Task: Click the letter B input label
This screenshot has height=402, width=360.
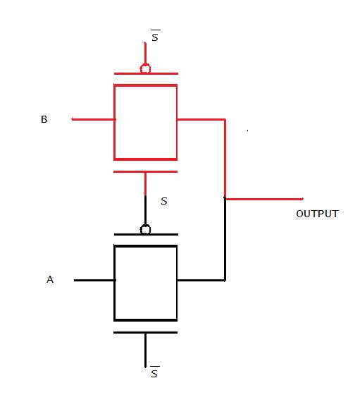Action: [x=44, y=119]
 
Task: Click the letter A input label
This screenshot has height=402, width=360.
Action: [x=50, y=279]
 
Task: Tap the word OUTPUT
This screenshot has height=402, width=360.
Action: [x=317, y=214]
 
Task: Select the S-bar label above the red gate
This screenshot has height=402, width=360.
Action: [x=155, y=36]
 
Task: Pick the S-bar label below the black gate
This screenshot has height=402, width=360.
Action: [x=155, y=372]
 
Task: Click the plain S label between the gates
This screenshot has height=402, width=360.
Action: [x=164, y=201]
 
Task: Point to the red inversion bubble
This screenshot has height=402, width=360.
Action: [x=145, y=68]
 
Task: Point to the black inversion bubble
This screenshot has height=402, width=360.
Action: [x=145, y=229]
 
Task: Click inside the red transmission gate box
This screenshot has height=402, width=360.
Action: [x=145, y=122]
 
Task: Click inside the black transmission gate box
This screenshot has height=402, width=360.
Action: [x=145, y=283]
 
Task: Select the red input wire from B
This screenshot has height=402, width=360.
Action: [x=93, y=119]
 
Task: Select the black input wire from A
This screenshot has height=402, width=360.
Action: [x=94, y=280]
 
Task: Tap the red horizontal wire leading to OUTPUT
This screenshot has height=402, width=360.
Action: [x=264, y=199]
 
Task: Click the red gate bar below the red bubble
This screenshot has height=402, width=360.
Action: [x=146, y=74]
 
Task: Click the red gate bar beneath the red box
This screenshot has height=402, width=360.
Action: [x=145, y=172]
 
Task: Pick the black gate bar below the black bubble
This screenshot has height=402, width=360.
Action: [x=146, y=235]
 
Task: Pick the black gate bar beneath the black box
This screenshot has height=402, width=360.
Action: [x=145, y=332]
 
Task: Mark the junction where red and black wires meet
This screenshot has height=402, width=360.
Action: [x=225, y=198]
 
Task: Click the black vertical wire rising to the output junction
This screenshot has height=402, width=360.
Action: [x=225, y=240]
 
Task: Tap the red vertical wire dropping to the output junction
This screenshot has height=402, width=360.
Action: [x=225, y=159]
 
